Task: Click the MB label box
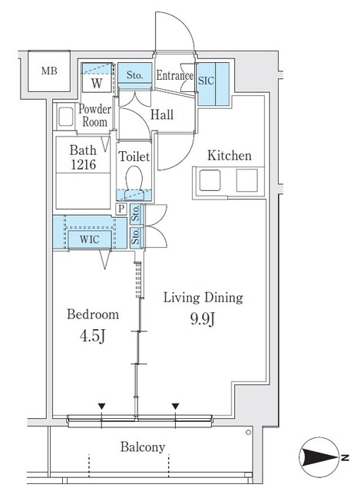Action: point(48,72)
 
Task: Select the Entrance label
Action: point(174,75)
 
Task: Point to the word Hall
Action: point(161,115)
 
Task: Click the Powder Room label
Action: point(96,115)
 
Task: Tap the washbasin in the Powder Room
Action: point(64,117)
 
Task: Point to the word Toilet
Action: point(134,156)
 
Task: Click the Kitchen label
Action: point(229,156)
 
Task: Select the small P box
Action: point(121,208)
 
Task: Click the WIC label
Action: point(89,239)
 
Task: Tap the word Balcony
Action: point(142,447)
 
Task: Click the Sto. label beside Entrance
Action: point(134,75)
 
